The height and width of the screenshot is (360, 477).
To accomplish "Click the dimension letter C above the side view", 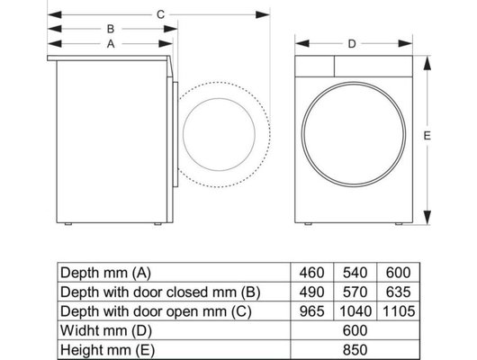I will (160, 13).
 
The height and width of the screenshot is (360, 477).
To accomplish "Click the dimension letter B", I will (110, 28).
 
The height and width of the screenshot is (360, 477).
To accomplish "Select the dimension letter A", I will (110, 42).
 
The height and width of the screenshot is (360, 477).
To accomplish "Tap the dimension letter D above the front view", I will (352, 42).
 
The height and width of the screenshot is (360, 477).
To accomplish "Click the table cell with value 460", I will (312, 272).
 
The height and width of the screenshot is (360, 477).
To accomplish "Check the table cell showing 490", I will (312, 291).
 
